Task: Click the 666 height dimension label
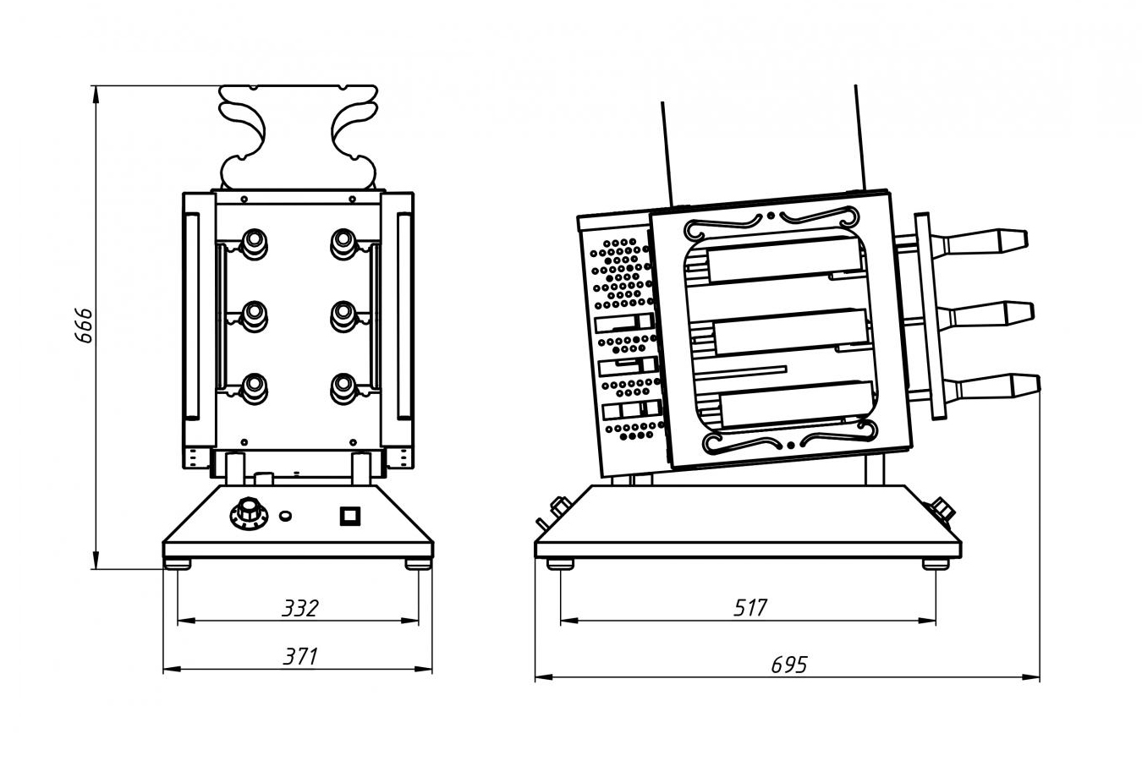(83, 325)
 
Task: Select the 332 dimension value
(300, 608)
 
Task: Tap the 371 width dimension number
(300, 656)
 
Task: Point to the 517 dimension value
(749, 608)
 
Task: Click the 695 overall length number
(788, 665)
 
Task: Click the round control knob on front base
(248, 512)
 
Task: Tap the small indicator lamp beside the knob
(286, 514)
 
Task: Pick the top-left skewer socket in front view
(252, 243)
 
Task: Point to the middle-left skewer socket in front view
(252, 315)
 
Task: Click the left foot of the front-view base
(178, 564)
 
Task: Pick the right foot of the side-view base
(935, 564)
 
